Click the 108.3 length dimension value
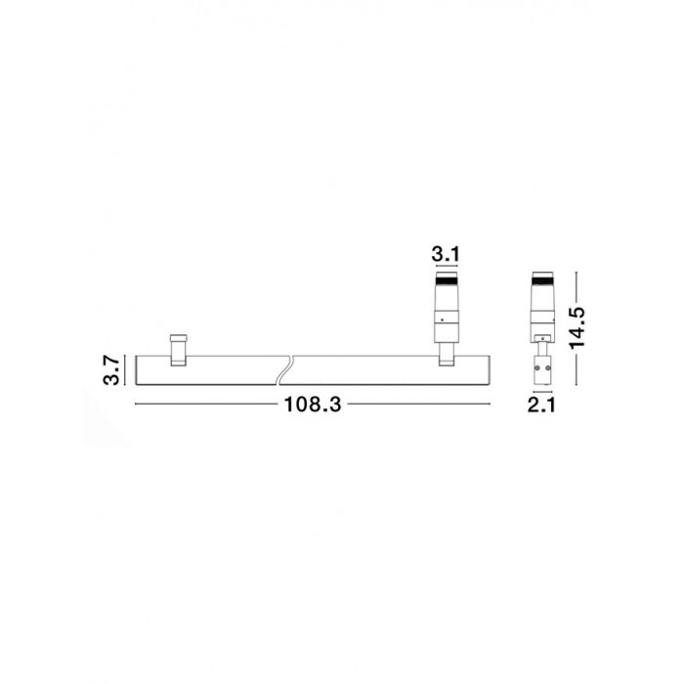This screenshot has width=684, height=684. click(313, 405)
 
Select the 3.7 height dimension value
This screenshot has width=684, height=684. click(111, 370)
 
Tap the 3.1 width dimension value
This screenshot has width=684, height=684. click(446, 254)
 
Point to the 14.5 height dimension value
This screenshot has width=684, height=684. click(577, 328)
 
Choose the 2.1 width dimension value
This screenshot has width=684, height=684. click(541, 406)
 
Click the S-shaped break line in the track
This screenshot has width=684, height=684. click(285, 370)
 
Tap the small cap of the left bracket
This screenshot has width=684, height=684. click(179, 338)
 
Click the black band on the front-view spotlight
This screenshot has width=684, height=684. click(447, 279)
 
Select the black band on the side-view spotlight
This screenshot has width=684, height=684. click(542, 279)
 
